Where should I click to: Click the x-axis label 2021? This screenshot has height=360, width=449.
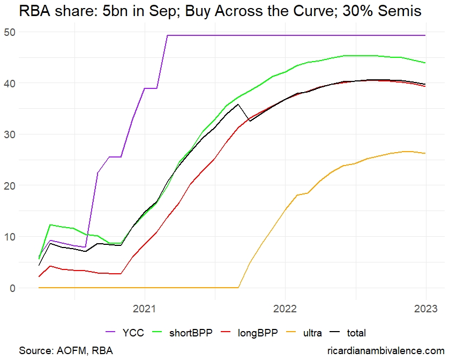(144, 309)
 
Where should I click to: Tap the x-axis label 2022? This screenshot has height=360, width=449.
(285, 309)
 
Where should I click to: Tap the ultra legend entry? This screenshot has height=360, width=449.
(311, 333)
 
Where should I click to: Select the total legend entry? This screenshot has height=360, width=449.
(355, 333)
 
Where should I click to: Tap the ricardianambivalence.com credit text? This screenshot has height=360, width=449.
(381, 350)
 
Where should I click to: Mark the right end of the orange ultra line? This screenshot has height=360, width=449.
(425, 153)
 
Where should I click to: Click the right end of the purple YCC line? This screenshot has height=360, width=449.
(425, 35)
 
